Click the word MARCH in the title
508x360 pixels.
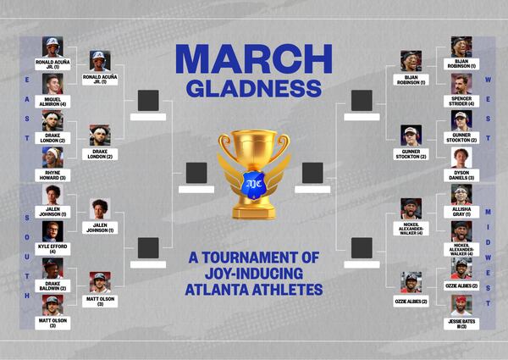253,58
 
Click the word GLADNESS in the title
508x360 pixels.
253,88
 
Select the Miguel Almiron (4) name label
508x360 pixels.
52,101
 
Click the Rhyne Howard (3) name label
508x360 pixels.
52,174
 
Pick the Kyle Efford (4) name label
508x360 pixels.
52,248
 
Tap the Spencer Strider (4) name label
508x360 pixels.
461,101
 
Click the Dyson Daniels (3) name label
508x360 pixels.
461,174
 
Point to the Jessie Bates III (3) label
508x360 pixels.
461,323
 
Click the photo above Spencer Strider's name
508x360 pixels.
461,84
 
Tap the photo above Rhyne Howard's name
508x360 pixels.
52,158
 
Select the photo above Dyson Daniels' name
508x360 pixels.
461,158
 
